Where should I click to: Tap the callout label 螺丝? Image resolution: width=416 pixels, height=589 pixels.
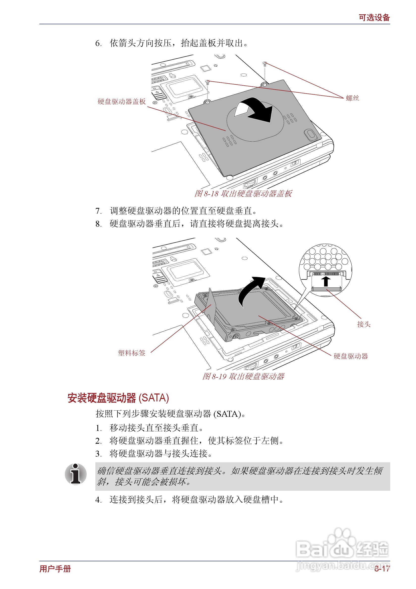coord(352,98)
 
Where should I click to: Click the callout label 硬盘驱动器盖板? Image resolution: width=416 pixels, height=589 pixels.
coord(121,101)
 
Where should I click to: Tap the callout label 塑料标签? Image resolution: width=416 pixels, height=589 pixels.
coord(131,353)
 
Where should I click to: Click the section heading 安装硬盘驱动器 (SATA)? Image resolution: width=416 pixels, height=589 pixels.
coord(118,398)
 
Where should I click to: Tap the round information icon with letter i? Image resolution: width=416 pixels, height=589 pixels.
coord(76,474)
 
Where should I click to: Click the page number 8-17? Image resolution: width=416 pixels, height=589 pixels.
coord(382,569)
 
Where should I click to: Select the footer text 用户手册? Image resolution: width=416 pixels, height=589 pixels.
coord(55,569)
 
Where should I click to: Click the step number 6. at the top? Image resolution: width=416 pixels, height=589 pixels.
coord(98,43)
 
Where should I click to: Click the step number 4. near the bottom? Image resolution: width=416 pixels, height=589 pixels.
coord(98,500)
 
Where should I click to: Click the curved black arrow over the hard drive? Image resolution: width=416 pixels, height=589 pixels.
coord(250,290)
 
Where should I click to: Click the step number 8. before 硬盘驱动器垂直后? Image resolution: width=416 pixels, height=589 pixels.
coord(98,224)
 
